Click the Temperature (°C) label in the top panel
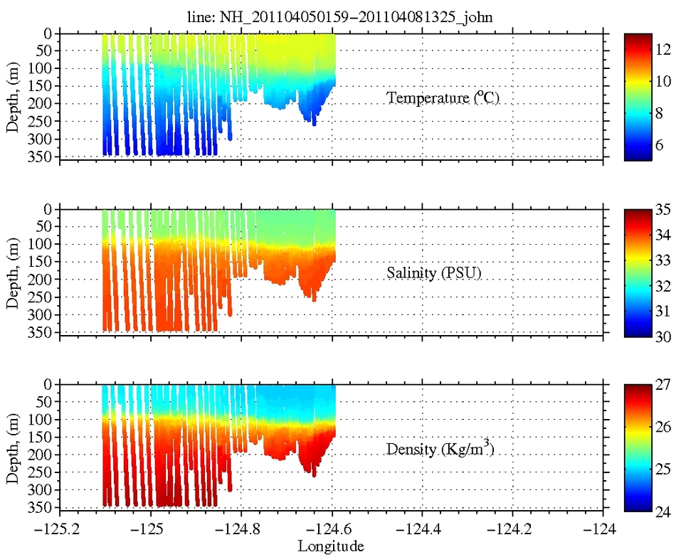pyautogui.click(x=442, y=97)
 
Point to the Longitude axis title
pyautogui.click(x=331, y=546)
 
